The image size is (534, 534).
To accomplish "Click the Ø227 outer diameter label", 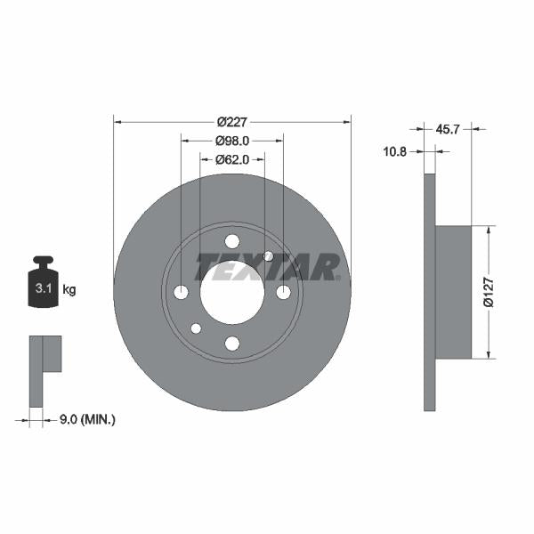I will [232, 123].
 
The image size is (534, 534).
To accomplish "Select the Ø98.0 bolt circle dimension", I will [232, 141].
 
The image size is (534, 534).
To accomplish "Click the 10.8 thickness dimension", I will [394, 151].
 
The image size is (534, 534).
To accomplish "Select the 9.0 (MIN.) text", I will [85, 418].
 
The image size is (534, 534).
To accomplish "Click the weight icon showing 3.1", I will [42, 286].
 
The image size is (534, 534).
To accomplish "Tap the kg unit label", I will [69, 289].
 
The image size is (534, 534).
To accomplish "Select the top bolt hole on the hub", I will [232, 241].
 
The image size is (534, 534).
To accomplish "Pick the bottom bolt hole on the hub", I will [232, 344].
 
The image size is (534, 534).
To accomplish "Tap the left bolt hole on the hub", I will [181, 293].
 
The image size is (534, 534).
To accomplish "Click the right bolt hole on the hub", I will [283, 293].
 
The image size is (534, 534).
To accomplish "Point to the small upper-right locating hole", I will [269, 256].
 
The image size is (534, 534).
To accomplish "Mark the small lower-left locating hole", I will [196, 328].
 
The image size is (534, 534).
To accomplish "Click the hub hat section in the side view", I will [452, 292].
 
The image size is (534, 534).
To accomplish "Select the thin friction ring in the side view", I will [429, 292].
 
